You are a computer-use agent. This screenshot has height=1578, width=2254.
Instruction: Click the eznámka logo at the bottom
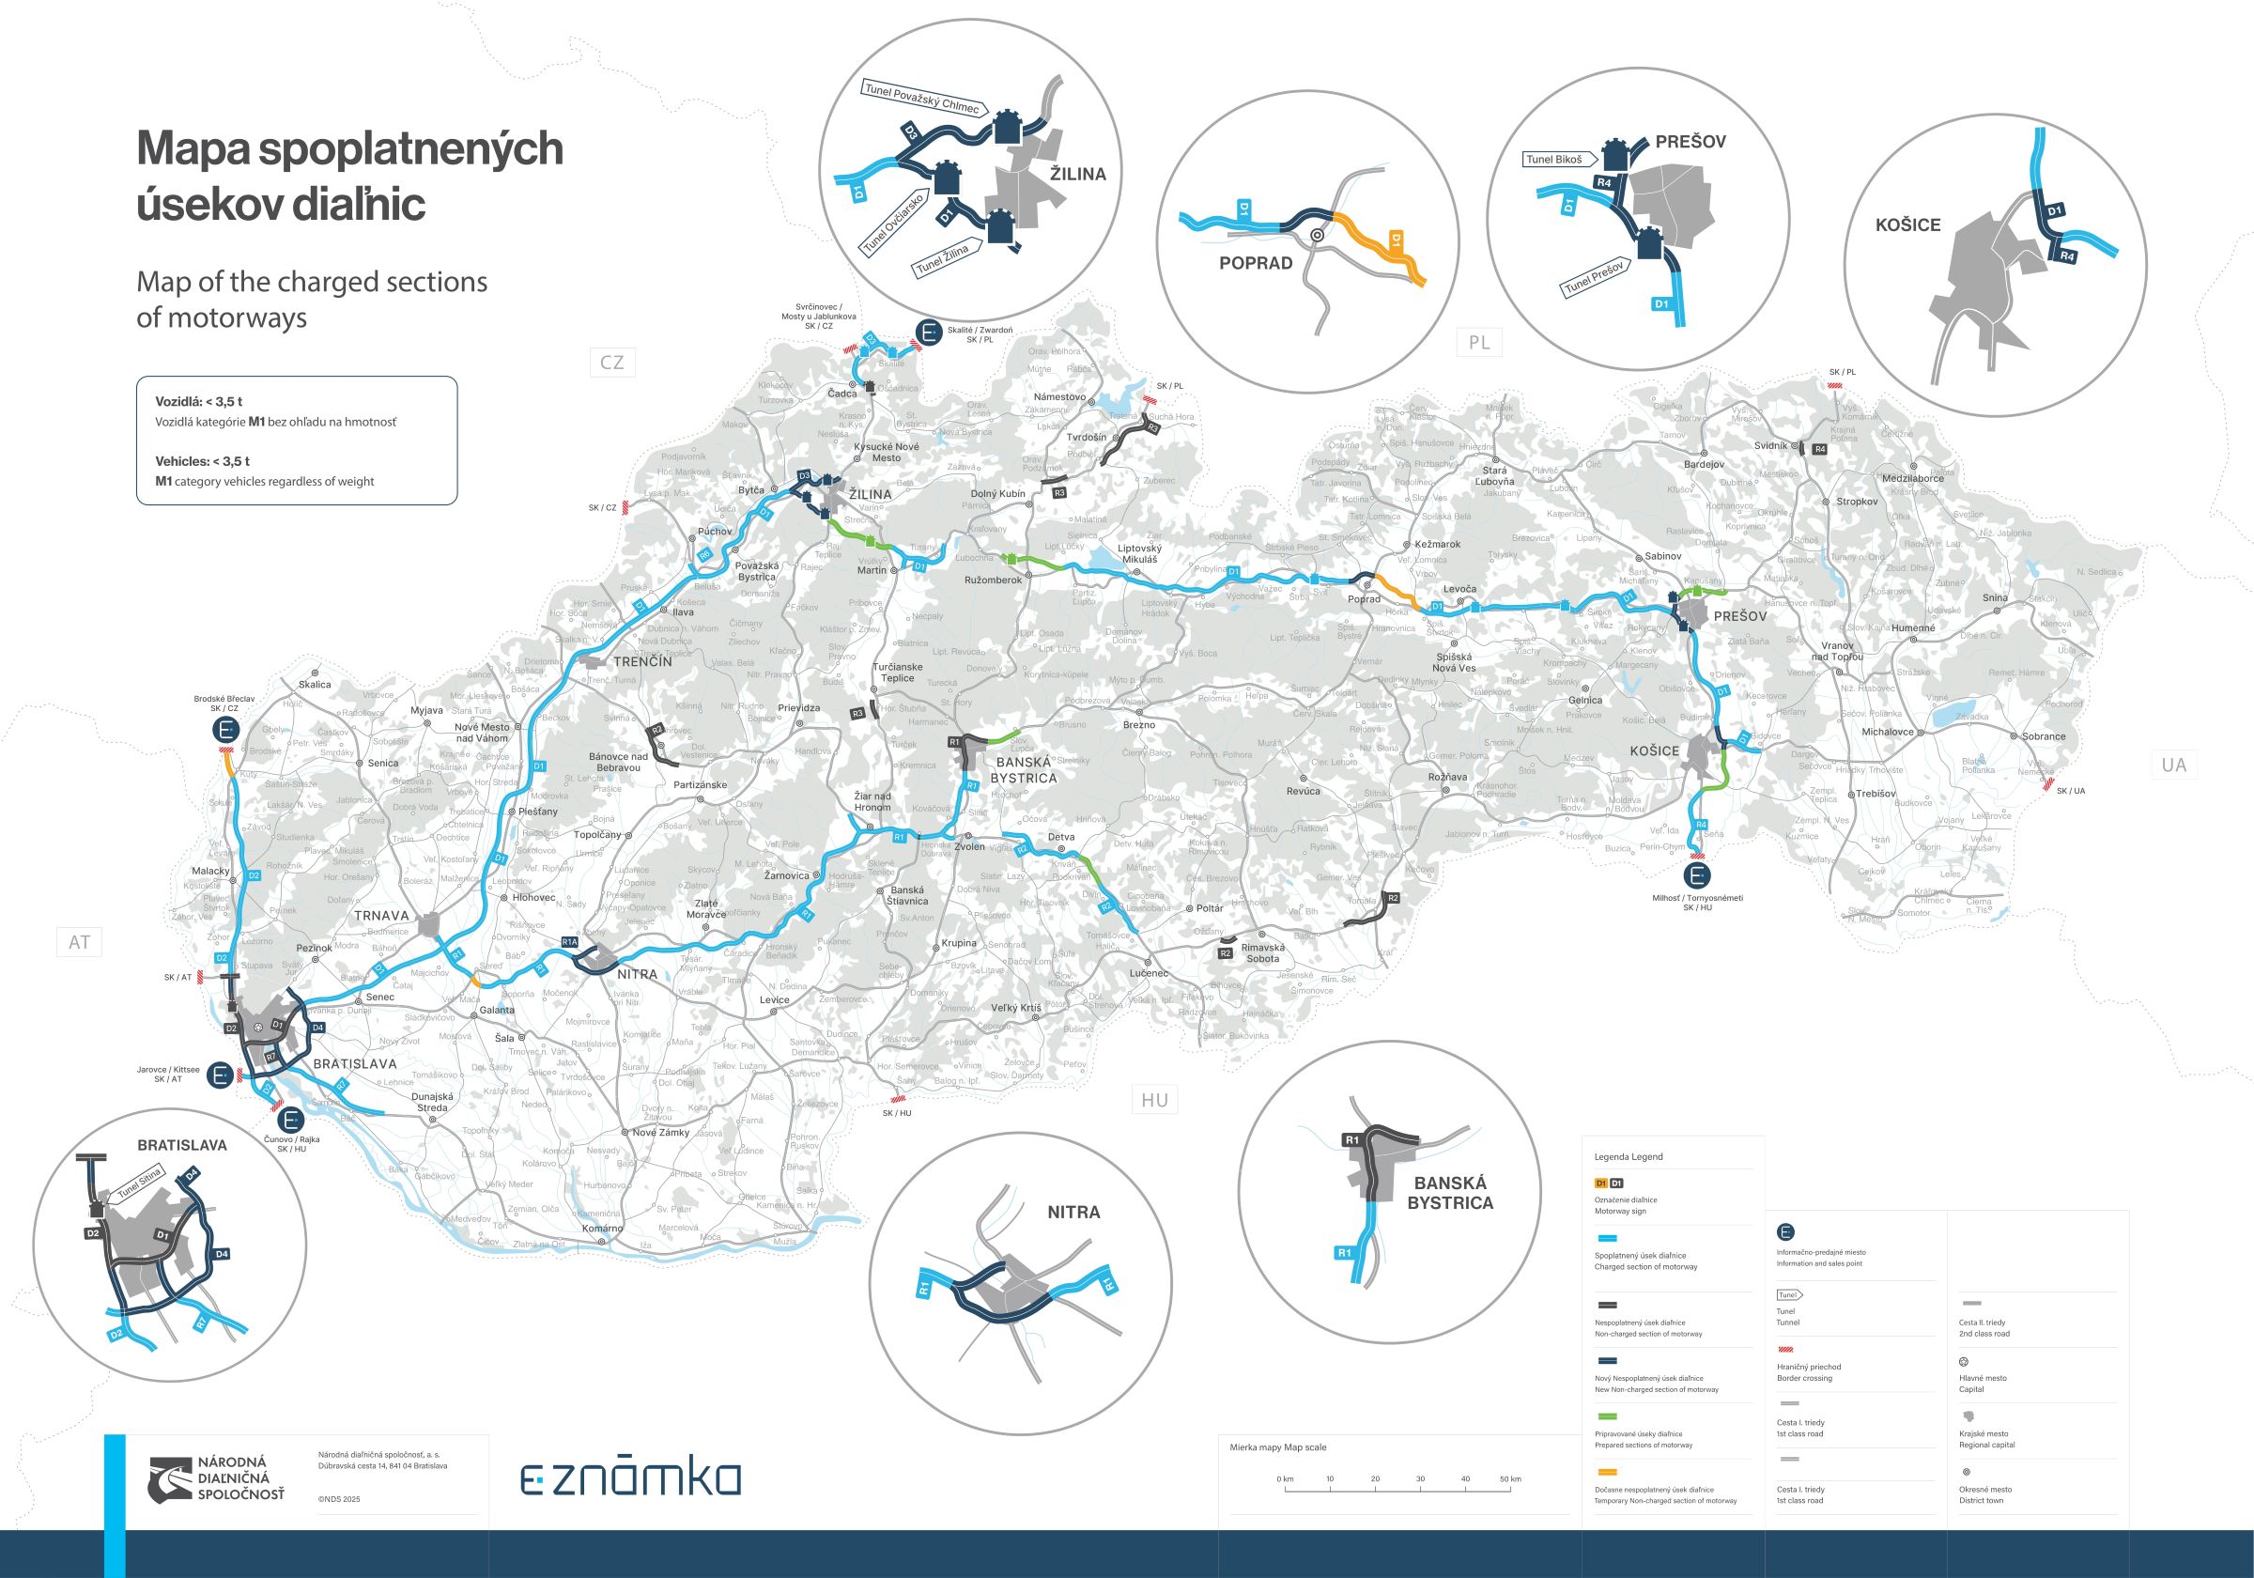tap(630, 1477)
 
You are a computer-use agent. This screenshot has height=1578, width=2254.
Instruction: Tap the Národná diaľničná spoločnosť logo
tap(216, 1478)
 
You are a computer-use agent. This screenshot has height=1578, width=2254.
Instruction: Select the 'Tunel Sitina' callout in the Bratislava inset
tap(138, 1185)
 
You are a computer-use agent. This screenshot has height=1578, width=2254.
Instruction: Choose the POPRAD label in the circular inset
tap(1256, 263)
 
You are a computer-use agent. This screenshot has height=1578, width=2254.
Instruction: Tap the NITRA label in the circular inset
tap(1073, 1212)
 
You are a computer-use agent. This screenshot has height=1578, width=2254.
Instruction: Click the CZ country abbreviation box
tap(611, 363)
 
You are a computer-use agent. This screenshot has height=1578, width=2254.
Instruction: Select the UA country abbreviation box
tap(2173, 765)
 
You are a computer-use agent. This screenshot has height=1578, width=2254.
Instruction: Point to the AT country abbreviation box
tap(80, 943)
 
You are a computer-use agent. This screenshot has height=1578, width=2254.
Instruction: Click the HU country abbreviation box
tap(1154, 1100)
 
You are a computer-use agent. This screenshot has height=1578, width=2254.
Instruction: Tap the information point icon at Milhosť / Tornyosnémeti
tap(1697, 874)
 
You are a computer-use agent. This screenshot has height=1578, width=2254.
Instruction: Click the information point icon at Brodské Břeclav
tap(225, 730)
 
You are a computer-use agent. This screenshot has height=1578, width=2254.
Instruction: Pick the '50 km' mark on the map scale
tap(1510, 1478)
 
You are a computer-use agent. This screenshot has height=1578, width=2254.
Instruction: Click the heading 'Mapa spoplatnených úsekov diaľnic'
tap(349, 176)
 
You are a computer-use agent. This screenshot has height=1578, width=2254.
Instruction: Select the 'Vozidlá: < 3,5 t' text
tap(198, 402)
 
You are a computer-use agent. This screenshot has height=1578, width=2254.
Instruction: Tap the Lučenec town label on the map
tap(1149, 973)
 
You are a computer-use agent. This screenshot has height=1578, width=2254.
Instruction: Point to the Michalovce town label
tap(1888, 732)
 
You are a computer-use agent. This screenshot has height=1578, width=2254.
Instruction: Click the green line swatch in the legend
tap(1607, 1417)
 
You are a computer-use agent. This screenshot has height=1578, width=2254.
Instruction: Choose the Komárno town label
tap(602, 1229)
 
